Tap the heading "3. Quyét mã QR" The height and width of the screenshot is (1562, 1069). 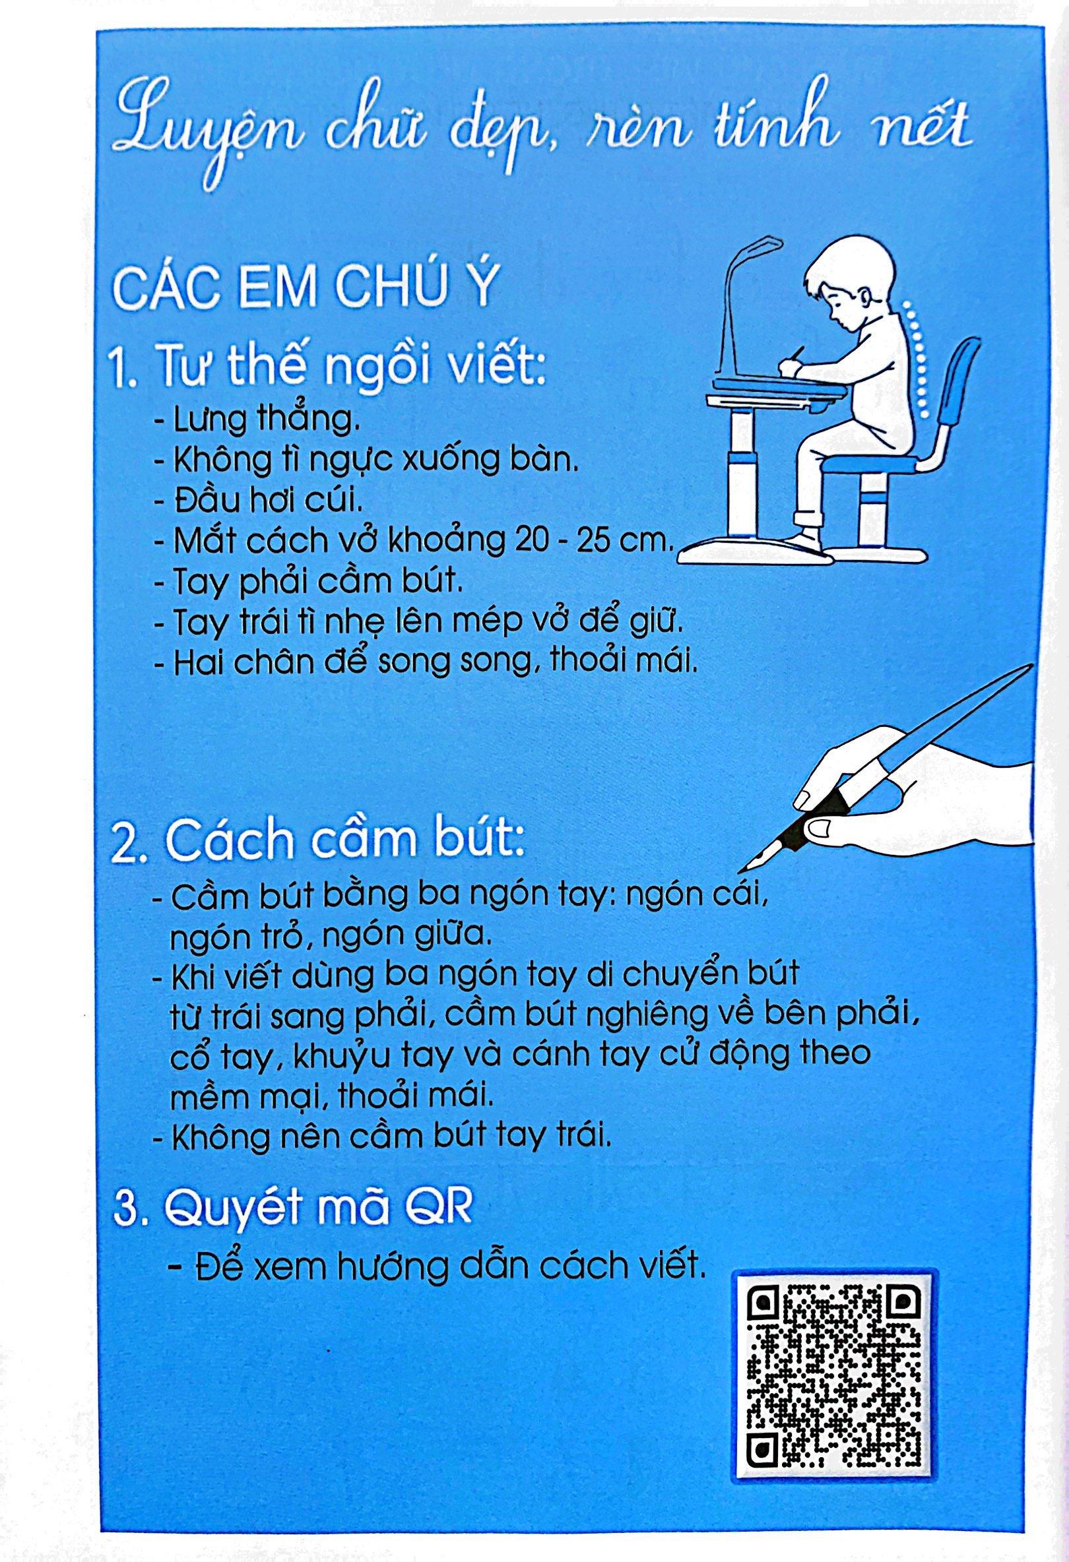pos(294,1210)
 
